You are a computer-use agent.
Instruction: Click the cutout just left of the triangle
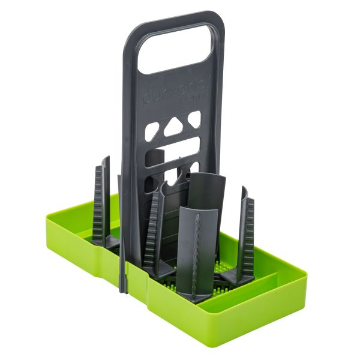point(152,130)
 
